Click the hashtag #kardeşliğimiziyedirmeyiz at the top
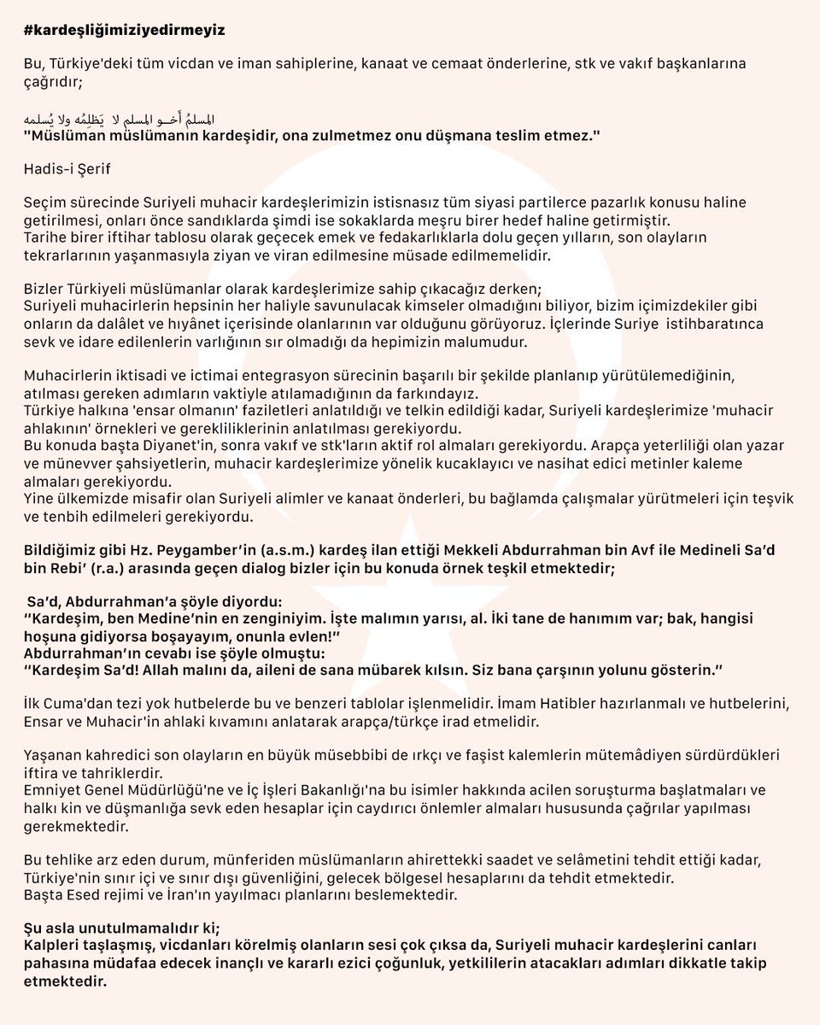123,28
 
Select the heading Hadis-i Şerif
66,169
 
